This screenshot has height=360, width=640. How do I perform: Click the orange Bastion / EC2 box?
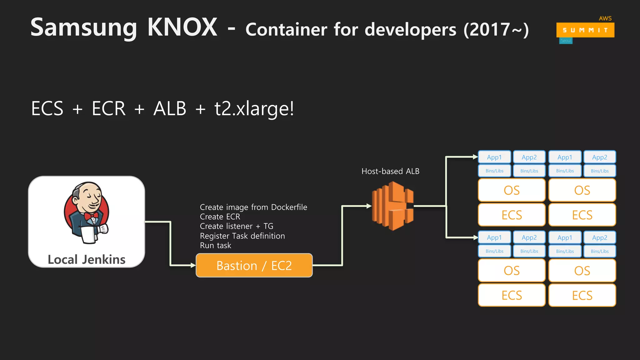pyautogui.click(x=254, y=266)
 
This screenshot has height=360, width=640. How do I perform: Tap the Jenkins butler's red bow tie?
pyautogui.click(x=91, y=216)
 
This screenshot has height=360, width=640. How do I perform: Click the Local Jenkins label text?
pyautogui.click(x=87, y=260)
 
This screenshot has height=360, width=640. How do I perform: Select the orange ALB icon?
pyautogui.click(x=393, y=206)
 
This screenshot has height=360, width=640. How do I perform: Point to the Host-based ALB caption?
pyautogui.click(x=390, y=171)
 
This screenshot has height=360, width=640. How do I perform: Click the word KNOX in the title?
pyautogui.click(x=182, y=27)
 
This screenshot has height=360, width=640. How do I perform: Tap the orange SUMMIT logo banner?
pyautogui.click(x=585, y=30)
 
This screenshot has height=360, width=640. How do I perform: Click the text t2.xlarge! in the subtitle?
pyautogui.click(x=254, y=108)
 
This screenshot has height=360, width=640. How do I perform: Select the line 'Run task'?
pyautogui.click(x=216, y=246)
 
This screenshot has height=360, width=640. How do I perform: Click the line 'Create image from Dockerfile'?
pyautogui.click(x=253, y=207)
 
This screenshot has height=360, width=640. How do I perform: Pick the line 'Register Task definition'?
pyautogui.click(x=242, y=236)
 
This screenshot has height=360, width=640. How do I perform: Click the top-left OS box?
pyautogui.click(x=512, y=190)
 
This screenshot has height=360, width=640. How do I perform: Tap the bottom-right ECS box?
pyautogui.click(x=582, y=295)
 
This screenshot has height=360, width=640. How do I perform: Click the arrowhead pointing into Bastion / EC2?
pyautogui.click(x=193, y=265)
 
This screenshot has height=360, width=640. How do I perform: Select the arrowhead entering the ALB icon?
pyautogui.click(x=369, y=206)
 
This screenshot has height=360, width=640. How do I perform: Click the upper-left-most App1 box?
pyautogui.click(x=494, y=157)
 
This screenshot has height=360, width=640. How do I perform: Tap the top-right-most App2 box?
pyautogui.click(x=599, y=157)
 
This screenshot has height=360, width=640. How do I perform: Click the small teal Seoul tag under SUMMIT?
pyautogui.click(x=566, y=41)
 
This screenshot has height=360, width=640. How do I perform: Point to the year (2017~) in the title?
pyautogui.click(x=496, y=30)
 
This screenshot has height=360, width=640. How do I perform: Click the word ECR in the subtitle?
pyautogui.click(x=108, y=108)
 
